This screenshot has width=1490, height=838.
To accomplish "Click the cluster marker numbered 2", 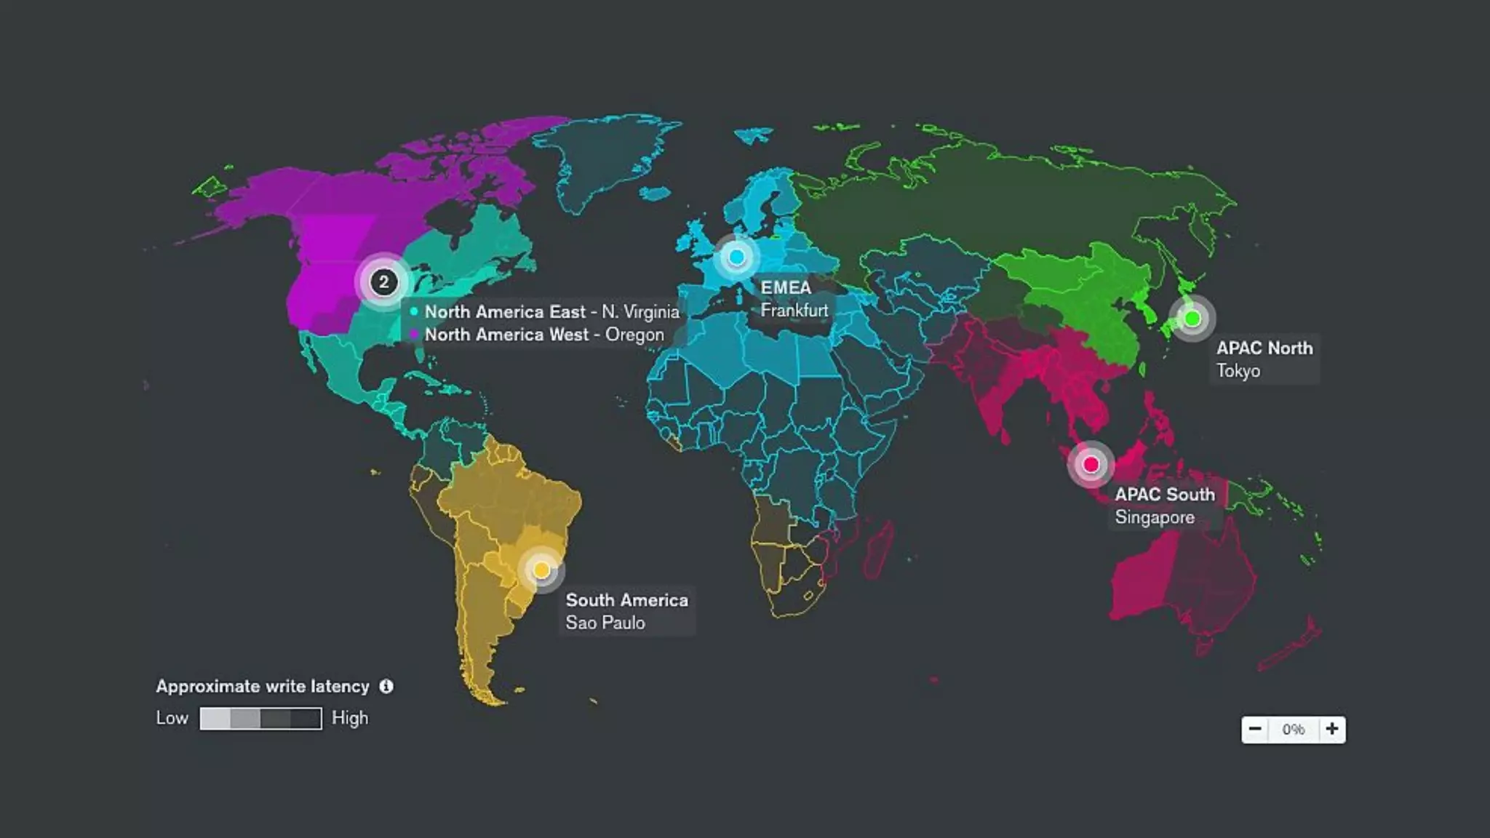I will click(383, 282).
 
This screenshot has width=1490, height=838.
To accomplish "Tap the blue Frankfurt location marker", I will click(736, 257).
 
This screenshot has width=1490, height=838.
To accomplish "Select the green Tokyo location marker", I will click(1192, 319).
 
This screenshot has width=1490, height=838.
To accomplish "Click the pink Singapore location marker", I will click(1091, 464).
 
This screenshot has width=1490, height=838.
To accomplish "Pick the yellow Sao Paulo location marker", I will click(541, 570).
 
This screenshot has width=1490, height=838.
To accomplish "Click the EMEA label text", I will click(785, 287).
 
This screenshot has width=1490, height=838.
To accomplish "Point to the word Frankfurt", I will click(794, 311).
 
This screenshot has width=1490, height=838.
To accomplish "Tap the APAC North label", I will click(1264, 348).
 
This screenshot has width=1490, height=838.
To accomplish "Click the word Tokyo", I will click(1238, 371).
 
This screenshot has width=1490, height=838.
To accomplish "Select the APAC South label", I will click(1165, 495).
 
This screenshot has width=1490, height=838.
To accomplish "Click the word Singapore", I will click(1155, 518).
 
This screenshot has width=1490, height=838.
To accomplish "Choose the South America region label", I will click(626, 600).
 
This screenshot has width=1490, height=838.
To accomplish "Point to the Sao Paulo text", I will click(605, 623).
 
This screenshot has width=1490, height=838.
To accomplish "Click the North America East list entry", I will click(551, 312).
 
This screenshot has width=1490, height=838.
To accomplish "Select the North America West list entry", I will click(544, 335).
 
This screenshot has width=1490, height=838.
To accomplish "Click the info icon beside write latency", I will click(386, 687).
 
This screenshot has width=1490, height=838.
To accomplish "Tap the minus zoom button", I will click(1255, 729).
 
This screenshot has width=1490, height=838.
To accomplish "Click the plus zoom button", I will click(1331, 729).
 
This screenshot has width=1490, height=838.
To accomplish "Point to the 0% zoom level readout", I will click(1293, 730).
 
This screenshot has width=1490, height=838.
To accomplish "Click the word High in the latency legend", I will click(350, 718).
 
